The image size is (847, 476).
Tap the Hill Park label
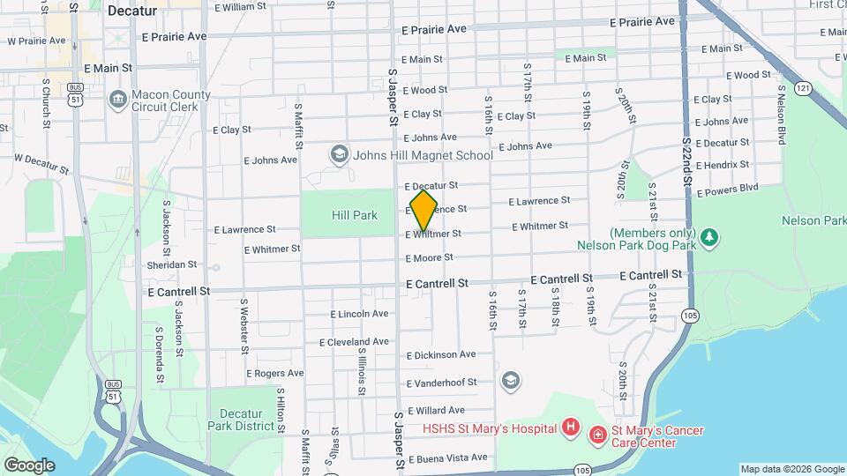355,215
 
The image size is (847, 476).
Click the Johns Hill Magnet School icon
338,156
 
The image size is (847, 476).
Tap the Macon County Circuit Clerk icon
117,100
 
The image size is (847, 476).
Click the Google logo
29,465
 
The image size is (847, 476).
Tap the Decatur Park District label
241,420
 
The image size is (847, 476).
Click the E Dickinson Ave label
441,354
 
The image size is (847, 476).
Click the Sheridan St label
172,264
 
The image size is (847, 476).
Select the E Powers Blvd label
727,189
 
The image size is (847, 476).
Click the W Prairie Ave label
37,41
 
